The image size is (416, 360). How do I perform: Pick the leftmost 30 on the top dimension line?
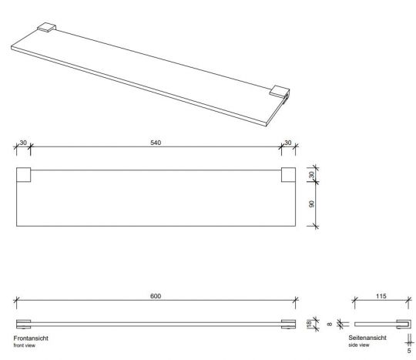[23, 143]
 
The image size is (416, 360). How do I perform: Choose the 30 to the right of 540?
[288, 143]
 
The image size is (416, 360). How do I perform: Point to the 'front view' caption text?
[25, 345]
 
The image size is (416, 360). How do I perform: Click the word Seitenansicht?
[365, 338]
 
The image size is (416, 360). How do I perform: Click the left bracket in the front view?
[23, 324]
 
